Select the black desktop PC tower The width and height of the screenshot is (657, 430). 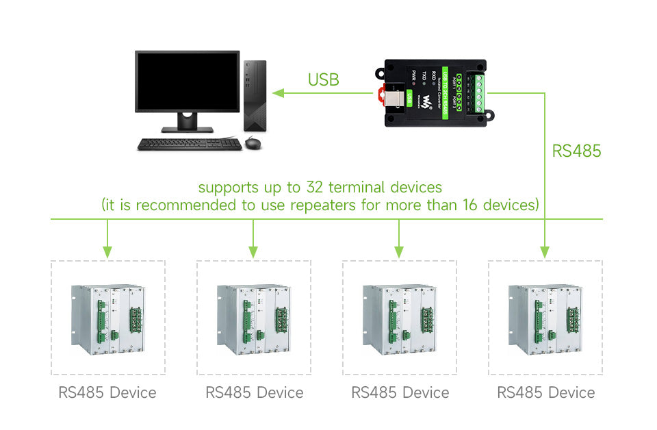click(x=255, y=96)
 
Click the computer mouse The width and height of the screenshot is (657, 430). click(x=253, y=142)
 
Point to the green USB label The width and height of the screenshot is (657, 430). click(x=323, y=79)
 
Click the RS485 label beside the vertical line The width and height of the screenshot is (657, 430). click(x=576, y=151)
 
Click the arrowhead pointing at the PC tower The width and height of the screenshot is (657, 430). click(x=278, y=92)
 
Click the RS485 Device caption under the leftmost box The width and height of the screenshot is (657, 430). click(x=107, y=392)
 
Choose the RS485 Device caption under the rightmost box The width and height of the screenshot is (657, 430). click(x=545, y=392)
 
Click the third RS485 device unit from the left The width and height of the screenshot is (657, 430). click(x=399, y=318)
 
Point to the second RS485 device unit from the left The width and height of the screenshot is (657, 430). click(x=253, y=318)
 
